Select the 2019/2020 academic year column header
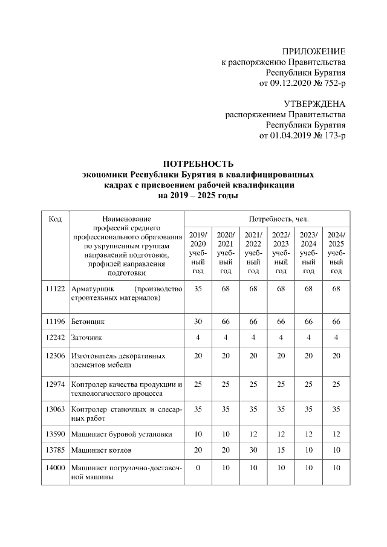click(x=198, y=253)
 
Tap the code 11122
click(x=55, y=289)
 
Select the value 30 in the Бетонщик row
click(x=198, y=322)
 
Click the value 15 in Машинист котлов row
click(x=281, y=450)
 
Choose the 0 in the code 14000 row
click(x=198, y=468)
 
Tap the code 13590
click(x=55, y=434)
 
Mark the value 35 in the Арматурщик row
click(x=198, y=289)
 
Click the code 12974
click(x=55, y=383)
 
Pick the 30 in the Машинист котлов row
click(x=253, y=450)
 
